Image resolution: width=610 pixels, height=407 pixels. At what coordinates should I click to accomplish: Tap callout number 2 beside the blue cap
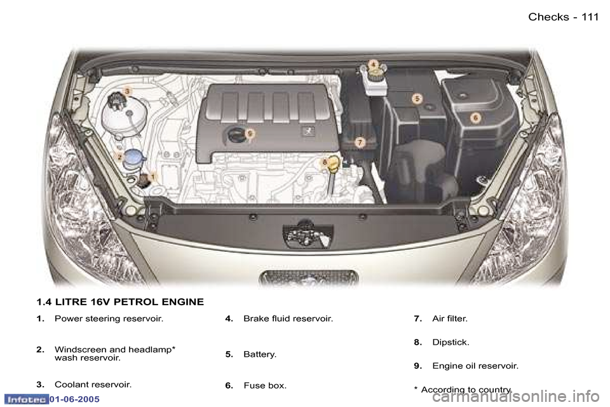click(x=119, y=156)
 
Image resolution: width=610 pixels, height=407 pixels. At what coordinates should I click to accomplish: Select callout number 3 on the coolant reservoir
click(x=127, y=92)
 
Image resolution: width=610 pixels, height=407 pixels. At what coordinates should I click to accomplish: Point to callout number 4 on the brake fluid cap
click(x=374, y=64)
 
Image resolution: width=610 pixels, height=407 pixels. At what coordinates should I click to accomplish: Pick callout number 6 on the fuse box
click(x=475, y=117)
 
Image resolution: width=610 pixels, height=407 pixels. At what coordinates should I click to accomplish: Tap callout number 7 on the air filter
click(x=360, y=142)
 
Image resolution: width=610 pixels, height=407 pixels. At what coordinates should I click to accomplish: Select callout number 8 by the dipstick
click(x=325, y=162)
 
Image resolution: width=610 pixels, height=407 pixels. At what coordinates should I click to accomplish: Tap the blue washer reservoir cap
click(x=134, y=157)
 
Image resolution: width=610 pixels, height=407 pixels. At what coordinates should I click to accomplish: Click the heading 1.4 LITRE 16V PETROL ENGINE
click(x=120, y=302)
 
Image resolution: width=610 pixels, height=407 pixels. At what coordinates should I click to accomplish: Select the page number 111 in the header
click(x=589, y=17)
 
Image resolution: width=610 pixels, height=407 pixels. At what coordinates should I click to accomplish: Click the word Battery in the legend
click(x=260, y=354)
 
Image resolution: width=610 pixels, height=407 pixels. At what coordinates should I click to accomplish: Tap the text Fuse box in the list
click(x=265, y=385)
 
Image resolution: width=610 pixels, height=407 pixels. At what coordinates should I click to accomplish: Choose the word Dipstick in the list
click(x=451, y=342)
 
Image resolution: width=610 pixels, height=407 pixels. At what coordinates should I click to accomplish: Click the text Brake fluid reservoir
click(x=288, y=318)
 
